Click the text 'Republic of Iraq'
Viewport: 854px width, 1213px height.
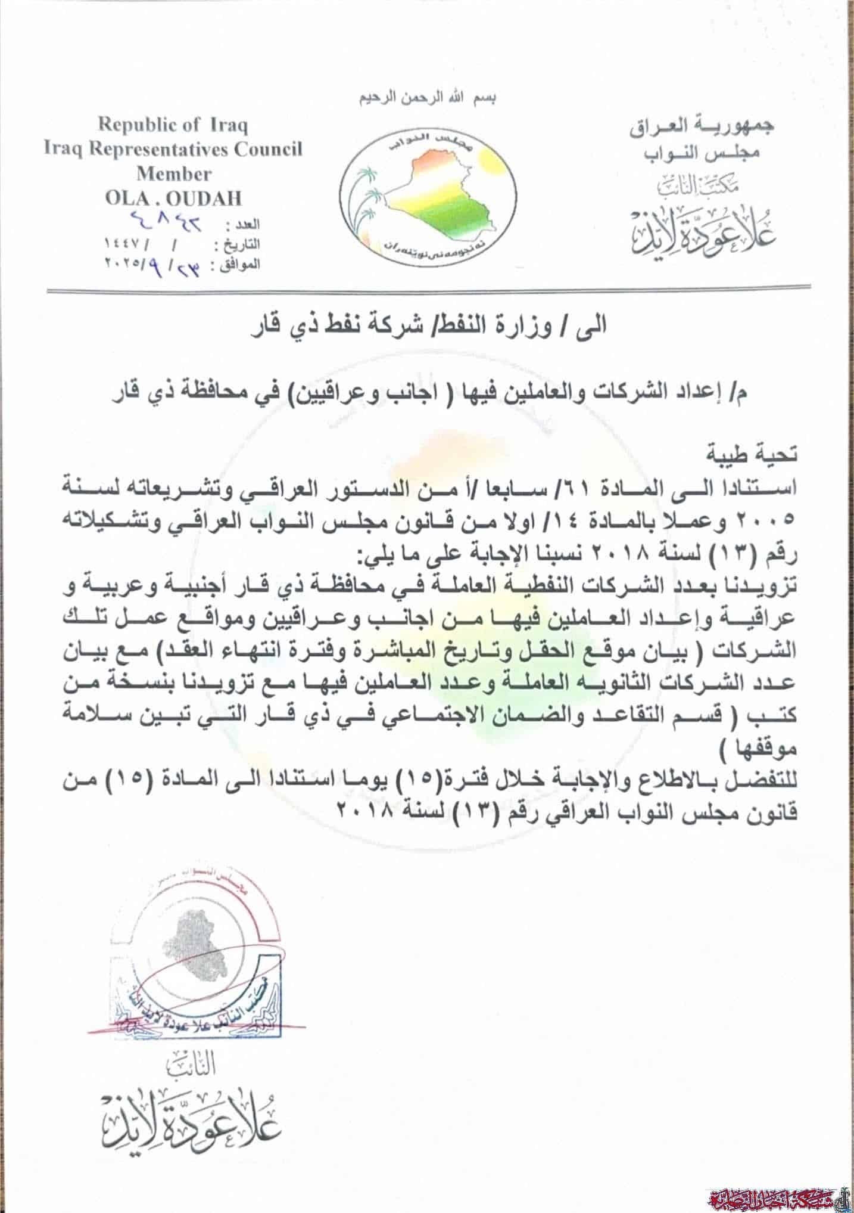[173, 126]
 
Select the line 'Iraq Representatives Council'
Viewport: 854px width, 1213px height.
[173, 149]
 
